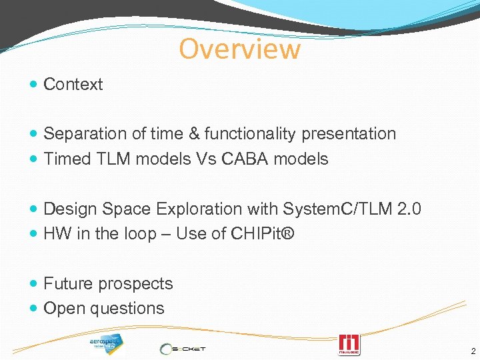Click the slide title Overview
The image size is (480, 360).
pyautogui.click(x=239, y=49)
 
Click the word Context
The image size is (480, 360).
pyautogui.click(x=73, y=85)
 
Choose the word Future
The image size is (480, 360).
pyautogui.click(x=68, y=283)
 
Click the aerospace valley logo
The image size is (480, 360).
pyautogui.click(x=106, y=344)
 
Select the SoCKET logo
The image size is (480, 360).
pyautogui.click(x=183, y=348)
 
